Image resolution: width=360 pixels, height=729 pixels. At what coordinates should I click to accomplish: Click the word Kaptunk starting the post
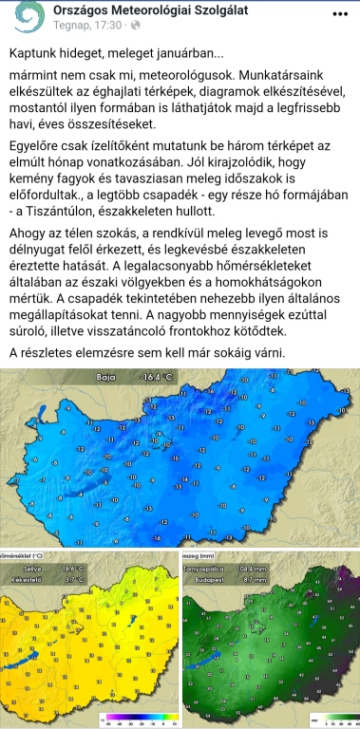click(38, 55)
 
